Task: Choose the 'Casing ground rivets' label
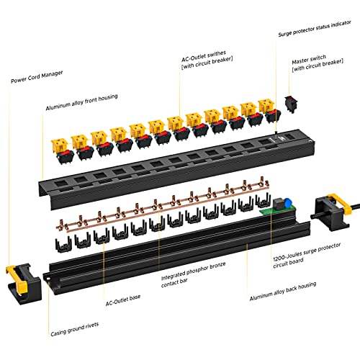coord(74,333)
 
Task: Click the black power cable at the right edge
coord(353,208)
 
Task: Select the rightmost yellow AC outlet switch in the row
coord(266,109)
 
